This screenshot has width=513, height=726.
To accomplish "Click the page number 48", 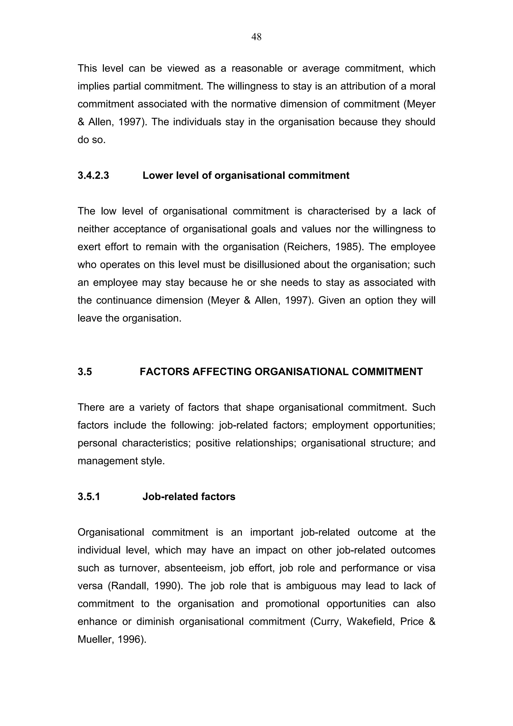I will (x=256, y=37).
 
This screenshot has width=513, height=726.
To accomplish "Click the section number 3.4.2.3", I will (x=93, y=176).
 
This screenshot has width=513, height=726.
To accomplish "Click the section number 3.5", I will (x=85, y=372).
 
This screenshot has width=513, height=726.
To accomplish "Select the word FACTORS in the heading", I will (x=164, y=372).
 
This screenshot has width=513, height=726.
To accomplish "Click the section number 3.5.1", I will (x=89, y=497).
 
